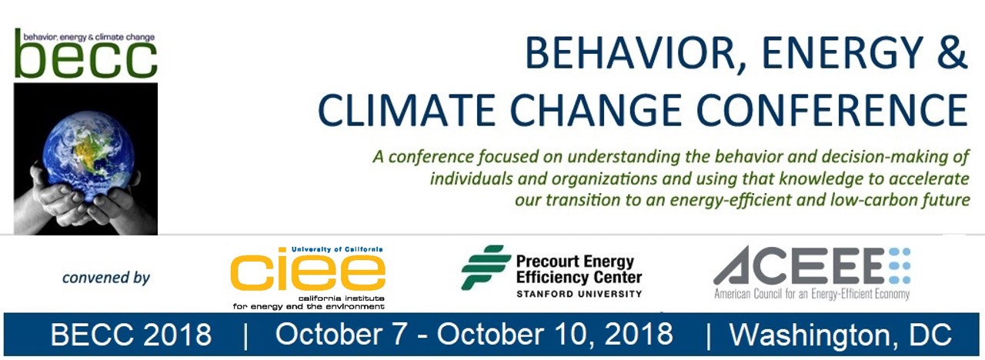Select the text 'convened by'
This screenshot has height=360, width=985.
(x=106, y=278)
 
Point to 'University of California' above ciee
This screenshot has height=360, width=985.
(x=337, y=249)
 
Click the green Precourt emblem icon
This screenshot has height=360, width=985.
(x=485, y=267)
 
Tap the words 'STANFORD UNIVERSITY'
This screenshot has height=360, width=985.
(x=579, y=294)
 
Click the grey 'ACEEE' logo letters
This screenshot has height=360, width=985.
(x=798, y=265)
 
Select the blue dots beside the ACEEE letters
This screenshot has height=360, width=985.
(x=900, y=265)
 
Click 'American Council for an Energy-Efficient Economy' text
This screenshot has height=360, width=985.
(x=812, y=294)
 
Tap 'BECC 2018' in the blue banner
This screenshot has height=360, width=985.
(x=131, y=335)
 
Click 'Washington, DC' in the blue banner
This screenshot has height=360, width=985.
(x=840, y=335)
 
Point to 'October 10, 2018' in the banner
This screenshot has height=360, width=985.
(x=555, y=335)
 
